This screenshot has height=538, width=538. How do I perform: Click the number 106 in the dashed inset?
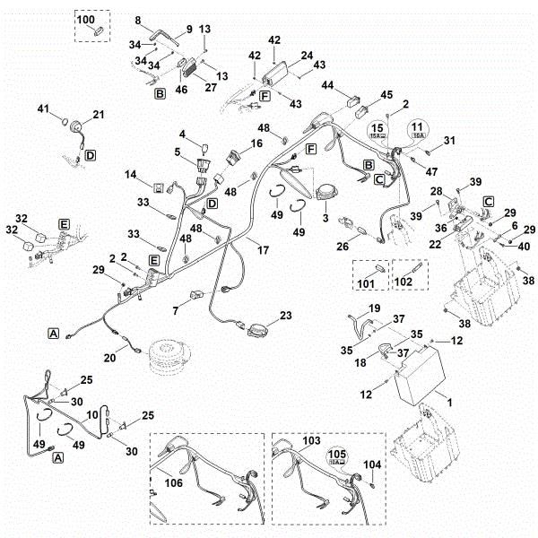pyautogui.click(x=173, y=482)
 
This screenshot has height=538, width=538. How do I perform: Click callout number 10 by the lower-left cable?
pyautogui.click(x=91, y=416)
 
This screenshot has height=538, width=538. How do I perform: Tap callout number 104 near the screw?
pyautogui.click(x=374, y=464)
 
